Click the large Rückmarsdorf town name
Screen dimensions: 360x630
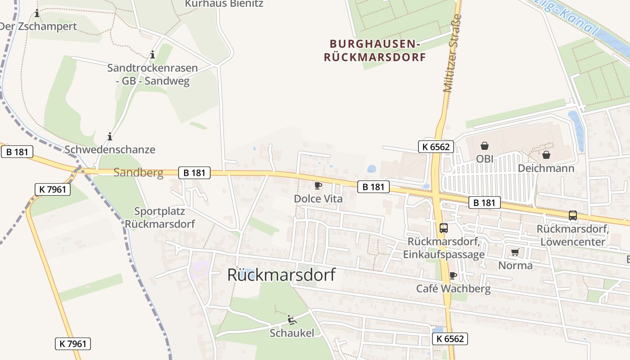[x=281, y=274]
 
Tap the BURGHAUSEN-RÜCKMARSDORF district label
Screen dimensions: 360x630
[x=375, y=50]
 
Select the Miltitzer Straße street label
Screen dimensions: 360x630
[x=453, y=54]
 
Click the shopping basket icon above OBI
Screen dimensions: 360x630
[x=485, y=146]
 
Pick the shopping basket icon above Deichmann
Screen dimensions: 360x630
[x=546, y=155]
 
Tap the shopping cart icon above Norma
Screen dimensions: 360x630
[x=515, y=252]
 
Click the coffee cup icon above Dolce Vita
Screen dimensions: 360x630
[x=318, y=185]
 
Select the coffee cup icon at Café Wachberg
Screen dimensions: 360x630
[x=453, y=275]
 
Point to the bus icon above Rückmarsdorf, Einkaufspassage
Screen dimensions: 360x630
[x=444, y=228]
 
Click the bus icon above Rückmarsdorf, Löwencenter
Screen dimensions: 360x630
[x=572, y=216]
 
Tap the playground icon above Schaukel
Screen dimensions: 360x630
[x=292, y=320]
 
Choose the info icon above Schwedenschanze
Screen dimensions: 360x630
[x=110, y=136]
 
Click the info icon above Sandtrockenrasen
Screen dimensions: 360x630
[x=153, y=55]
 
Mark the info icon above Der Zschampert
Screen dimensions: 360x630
[x=37, y=13]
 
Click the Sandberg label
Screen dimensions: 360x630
[x=138, y=172]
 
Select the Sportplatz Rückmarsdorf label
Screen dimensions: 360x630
[x=160, y=217]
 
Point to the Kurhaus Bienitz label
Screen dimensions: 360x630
[x=224, y=4]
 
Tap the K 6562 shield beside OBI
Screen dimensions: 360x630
[x=436, y=146]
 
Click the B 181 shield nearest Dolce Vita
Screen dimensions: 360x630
[x=373, y=187]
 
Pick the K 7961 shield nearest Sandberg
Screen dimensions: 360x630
[x=53, y=189]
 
